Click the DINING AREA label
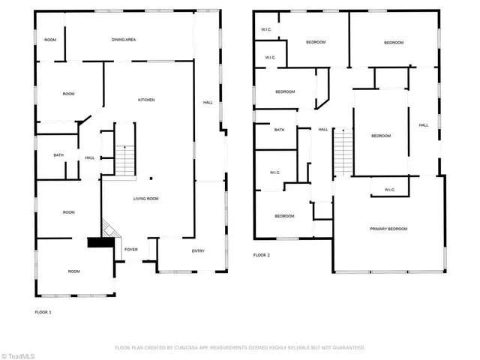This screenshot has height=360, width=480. click(x=124, y=40)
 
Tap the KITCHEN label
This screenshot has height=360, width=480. click(x=146, y=100)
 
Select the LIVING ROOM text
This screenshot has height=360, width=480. click(x=145, y=199)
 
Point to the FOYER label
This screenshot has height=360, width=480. click(x=130, y=250)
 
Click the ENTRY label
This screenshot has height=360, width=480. click(x=198, y=250)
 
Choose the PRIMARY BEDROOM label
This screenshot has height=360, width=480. click(x=388, y=229)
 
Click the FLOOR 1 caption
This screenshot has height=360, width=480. click(x=43, y=311)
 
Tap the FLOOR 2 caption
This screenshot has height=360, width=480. click(x=261, y=256)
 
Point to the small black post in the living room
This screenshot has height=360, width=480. click(x=150, y=178)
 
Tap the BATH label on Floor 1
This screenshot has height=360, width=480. click(x=58, y=155)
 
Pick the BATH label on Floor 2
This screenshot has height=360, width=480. click(x=279, y=130)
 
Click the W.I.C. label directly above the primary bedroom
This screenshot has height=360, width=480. click(x=389, y=190)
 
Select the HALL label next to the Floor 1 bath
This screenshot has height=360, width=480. click(x=89, y=157)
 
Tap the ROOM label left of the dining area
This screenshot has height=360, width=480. click(x=50, y=40)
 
